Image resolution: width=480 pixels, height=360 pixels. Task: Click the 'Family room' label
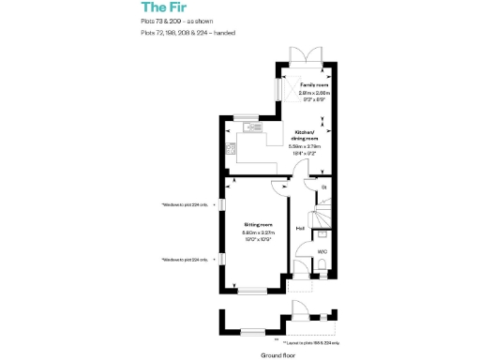click(301, 84)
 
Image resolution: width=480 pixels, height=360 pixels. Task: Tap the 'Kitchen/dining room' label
click(304, 135)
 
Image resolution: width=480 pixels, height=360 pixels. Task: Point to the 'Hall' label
click(300, 228)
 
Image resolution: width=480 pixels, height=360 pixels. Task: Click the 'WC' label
click(321, 251)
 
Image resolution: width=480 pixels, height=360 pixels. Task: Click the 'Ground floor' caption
click(277, 355)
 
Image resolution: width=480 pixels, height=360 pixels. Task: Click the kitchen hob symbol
click(226, 149)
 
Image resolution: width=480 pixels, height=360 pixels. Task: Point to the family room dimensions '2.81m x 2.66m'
click(302, 92)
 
